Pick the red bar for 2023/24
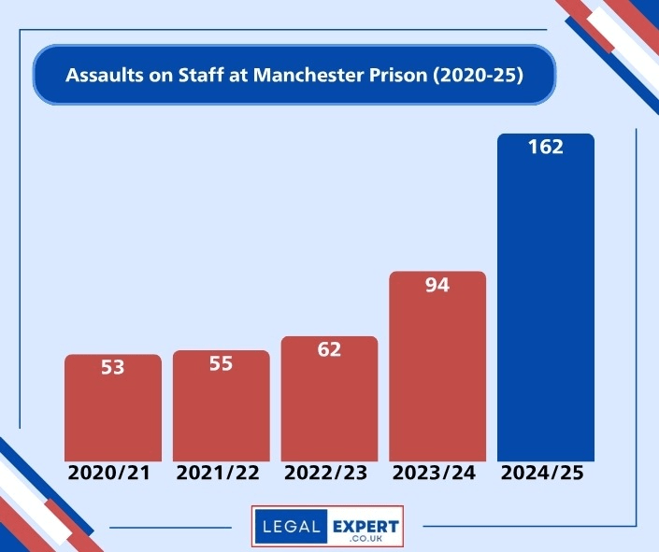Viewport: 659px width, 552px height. coord(437,374)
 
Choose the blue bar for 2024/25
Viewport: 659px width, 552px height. coord(546,308)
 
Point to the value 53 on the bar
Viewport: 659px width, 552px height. coord(112,368)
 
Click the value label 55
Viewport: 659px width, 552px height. coord(221,364)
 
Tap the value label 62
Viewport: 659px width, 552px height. coord(329,350)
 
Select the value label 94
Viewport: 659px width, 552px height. coord(437,285)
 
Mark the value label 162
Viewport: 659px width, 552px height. coord(546,147)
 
